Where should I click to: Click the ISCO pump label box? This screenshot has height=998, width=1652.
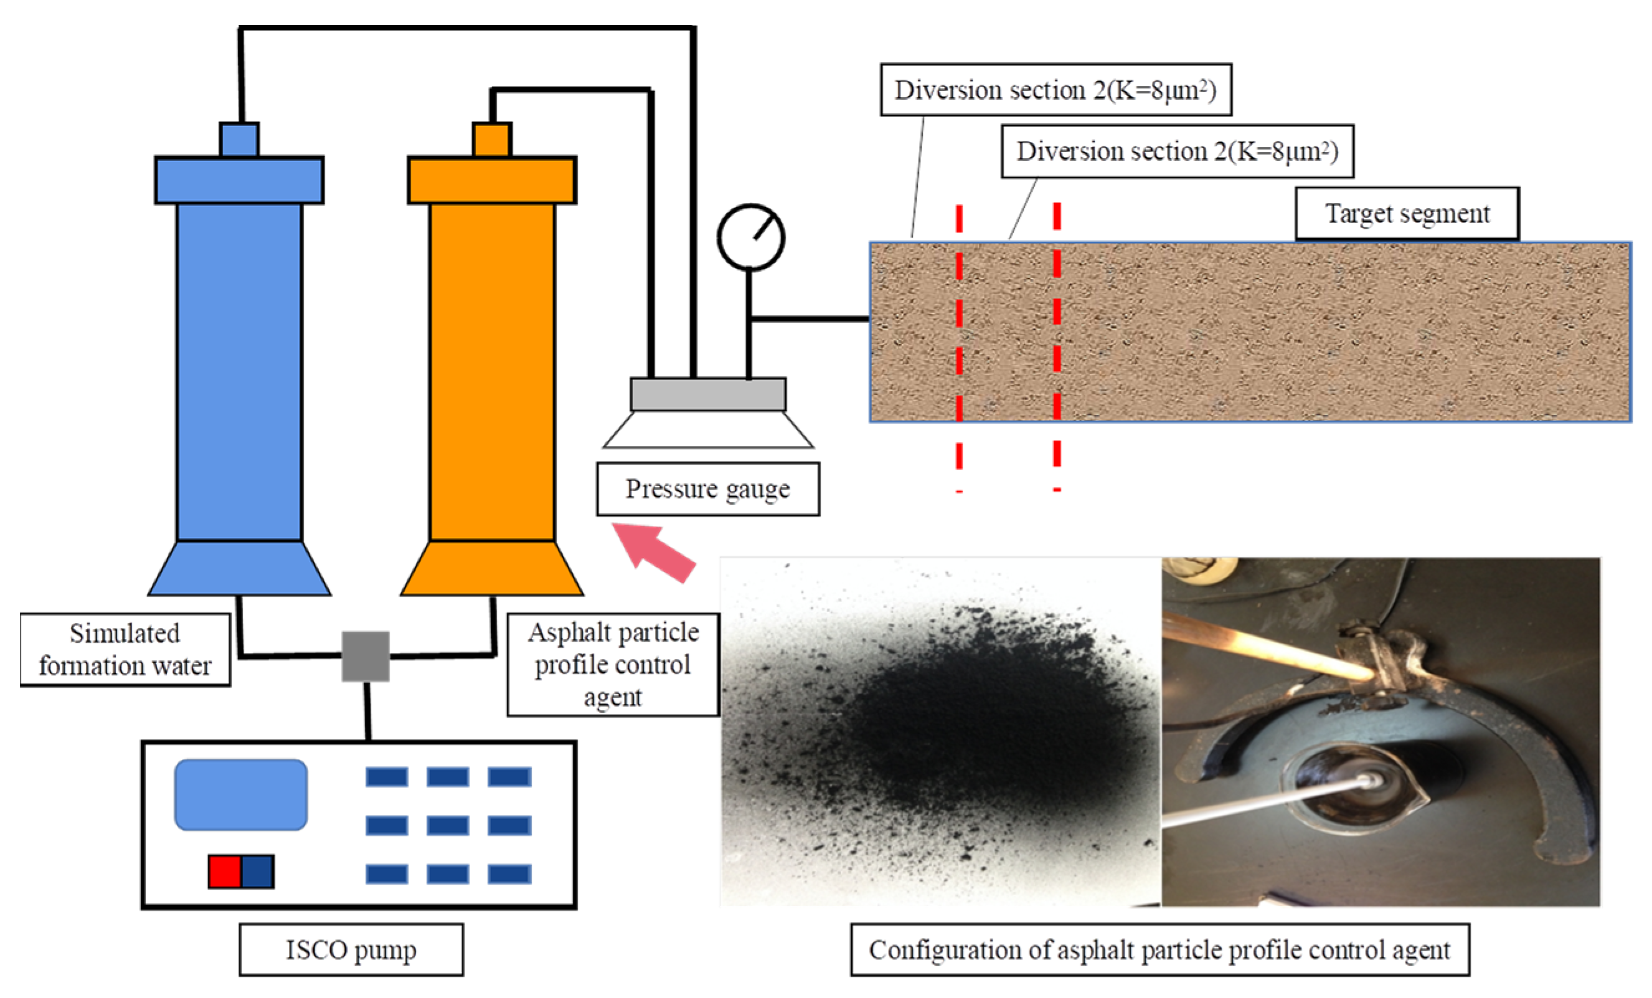point(351,949)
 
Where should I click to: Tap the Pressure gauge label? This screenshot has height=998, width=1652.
point(707,489)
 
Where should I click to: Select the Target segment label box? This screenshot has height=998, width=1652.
point(1407,213)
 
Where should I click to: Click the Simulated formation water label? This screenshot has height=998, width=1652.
point(125,649)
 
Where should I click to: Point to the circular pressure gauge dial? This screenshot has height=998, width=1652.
point(750,237)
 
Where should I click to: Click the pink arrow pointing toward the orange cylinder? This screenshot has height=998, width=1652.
point(654,551)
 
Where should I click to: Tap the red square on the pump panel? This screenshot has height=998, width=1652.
point(225,872)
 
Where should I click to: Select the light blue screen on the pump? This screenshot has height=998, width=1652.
point(241,794)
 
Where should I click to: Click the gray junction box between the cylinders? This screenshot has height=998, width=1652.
point(366,656)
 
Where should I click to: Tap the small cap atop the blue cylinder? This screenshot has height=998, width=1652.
point(239,140)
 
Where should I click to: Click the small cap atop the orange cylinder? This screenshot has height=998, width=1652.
point(492,140)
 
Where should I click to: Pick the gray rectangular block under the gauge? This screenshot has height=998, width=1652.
point(708,394)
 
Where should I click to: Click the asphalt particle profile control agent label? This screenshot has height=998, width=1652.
point(613,664)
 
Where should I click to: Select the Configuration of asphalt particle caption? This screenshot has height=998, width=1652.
point(1159,949)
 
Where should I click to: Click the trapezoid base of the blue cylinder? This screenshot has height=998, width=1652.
point(239,568)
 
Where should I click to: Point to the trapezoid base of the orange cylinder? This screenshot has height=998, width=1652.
point(492,568)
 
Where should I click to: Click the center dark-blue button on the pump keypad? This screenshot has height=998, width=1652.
point(448,825)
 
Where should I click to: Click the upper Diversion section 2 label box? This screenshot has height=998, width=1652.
point(1055,90)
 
